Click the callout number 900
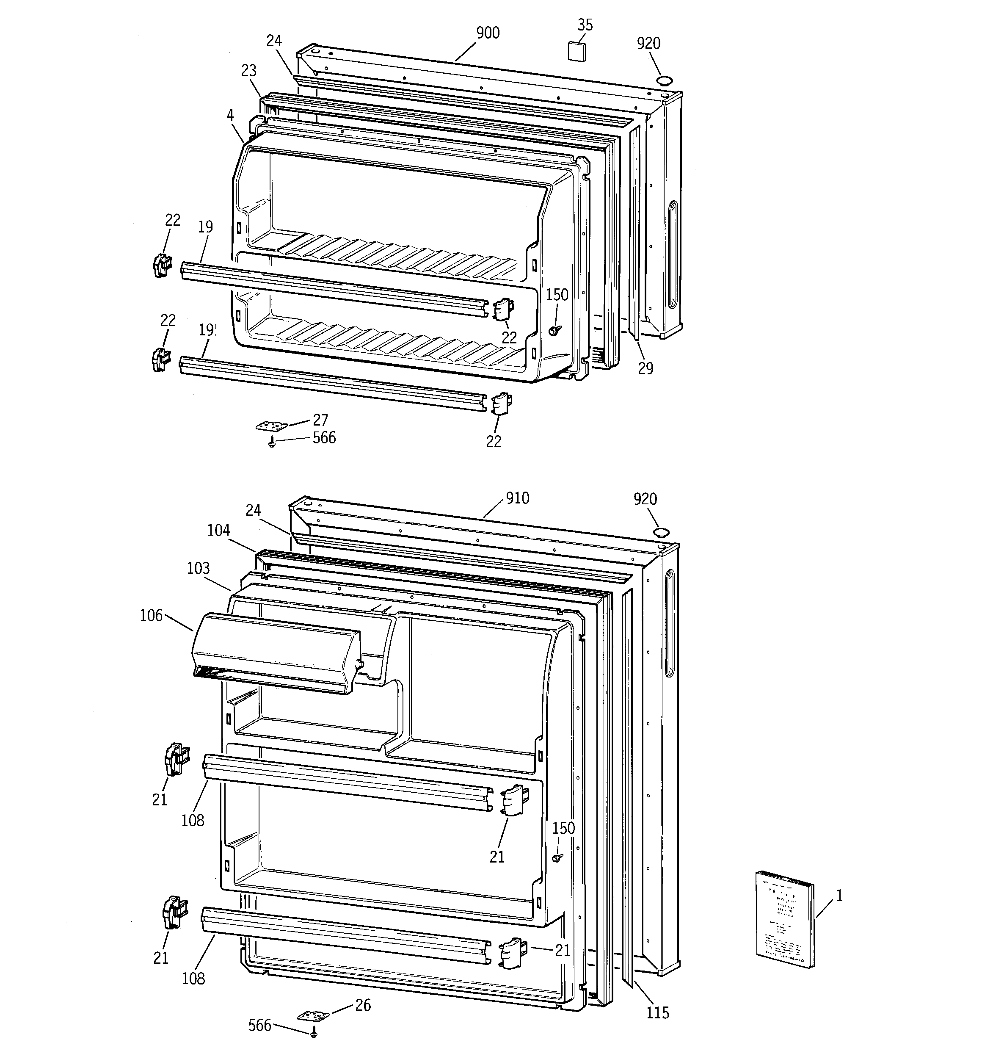[x=488, y=33]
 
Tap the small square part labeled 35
[x=576, y=51]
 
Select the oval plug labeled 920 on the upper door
[x=665, y=80]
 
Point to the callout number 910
[x=518, y=498]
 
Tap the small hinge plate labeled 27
[x=273, y=425]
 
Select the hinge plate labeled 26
[x=313, y=1015]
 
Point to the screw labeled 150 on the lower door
[x=557, y=858]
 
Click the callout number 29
[x=645, y=368]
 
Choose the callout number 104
[x=218, y=530]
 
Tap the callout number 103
[x=198, y=568]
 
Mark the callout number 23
[x=249, y=70]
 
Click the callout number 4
[x=230, y=114]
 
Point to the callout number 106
[x=151, y=615]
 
